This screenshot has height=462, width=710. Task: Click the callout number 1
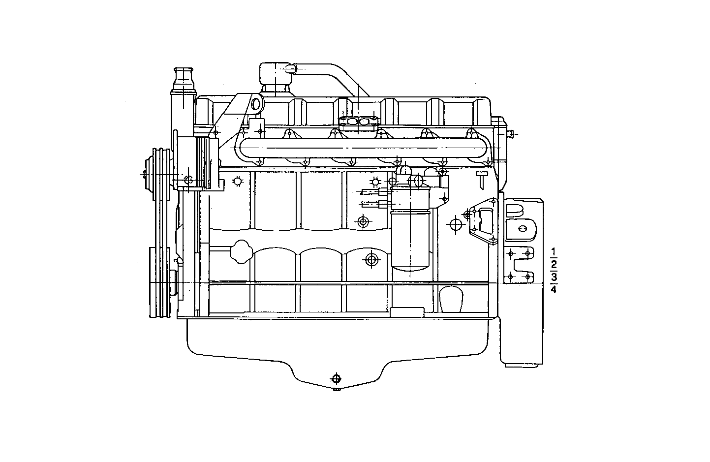(x=554, y=253)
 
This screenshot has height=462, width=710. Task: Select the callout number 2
(x=554, y=265)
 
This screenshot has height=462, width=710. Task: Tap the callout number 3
(x=554, y=277)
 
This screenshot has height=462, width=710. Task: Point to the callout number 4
(x=554, y=289)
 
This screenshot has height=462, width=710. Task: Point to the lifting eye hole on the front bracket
(x=255, y=104)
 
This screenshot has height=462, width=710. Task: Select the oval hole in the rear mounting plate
(x=523, y=228)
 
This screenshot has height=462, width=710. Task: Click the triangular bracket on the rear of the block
(x=482, y=223)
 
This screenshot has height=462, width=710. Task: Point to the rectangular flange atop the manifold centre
(x=359, y=121)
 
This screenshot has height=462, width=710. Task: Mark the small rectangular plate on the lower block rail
(x=406, y=311)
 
